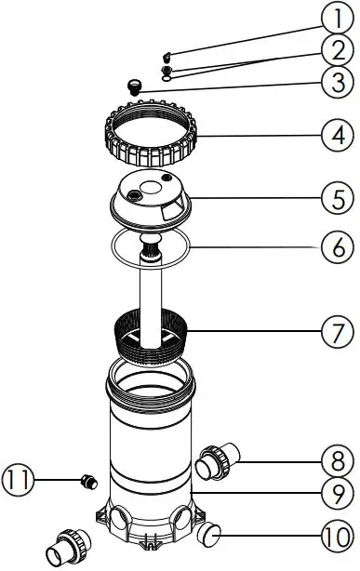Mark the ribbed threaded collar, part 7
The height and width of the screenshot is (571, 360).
153,335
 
